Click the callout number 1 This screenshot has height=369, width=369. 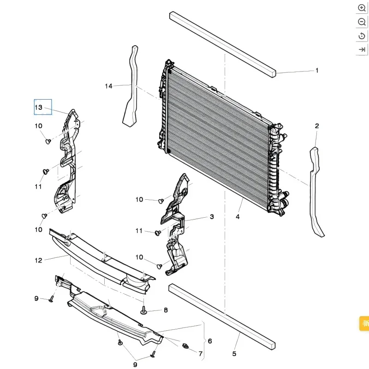pyautogui.click(x=317, y=71)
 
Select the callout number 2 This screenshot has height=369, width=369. pyautogui.click(x=317, y=126)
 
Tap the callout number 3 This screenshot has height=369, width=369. pyautogui.click(x=212, y=216)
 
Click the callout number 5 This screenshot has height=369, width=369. pyautogui.click(x=234, y=354)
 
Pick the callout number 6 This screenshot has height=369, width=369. pyautogui.click(x=210, y=341)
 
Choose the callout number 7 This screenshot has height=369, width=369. pyautogui.click(x=201, y=354)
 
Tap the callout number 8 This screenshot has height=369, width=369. pyautogui.click(x=166, y=311)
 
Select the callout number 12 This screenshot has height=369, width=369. pyautogui.click(x=38, y=260)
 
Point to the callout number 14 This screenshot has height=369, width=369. pyautogui.click(x=108, y=86)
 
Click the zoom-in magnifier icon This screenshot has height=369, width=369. pyautogui.click(x=362, y=8)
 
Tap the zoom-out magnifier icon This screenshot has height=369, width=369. pyautogui.click(x=362, y=22)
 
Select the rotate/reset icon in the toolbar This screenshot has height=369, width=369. pyautogui.click(x=362, y=36)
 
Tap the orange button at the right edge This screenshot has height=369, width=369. pyautogui.click(x=364, y=323)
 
